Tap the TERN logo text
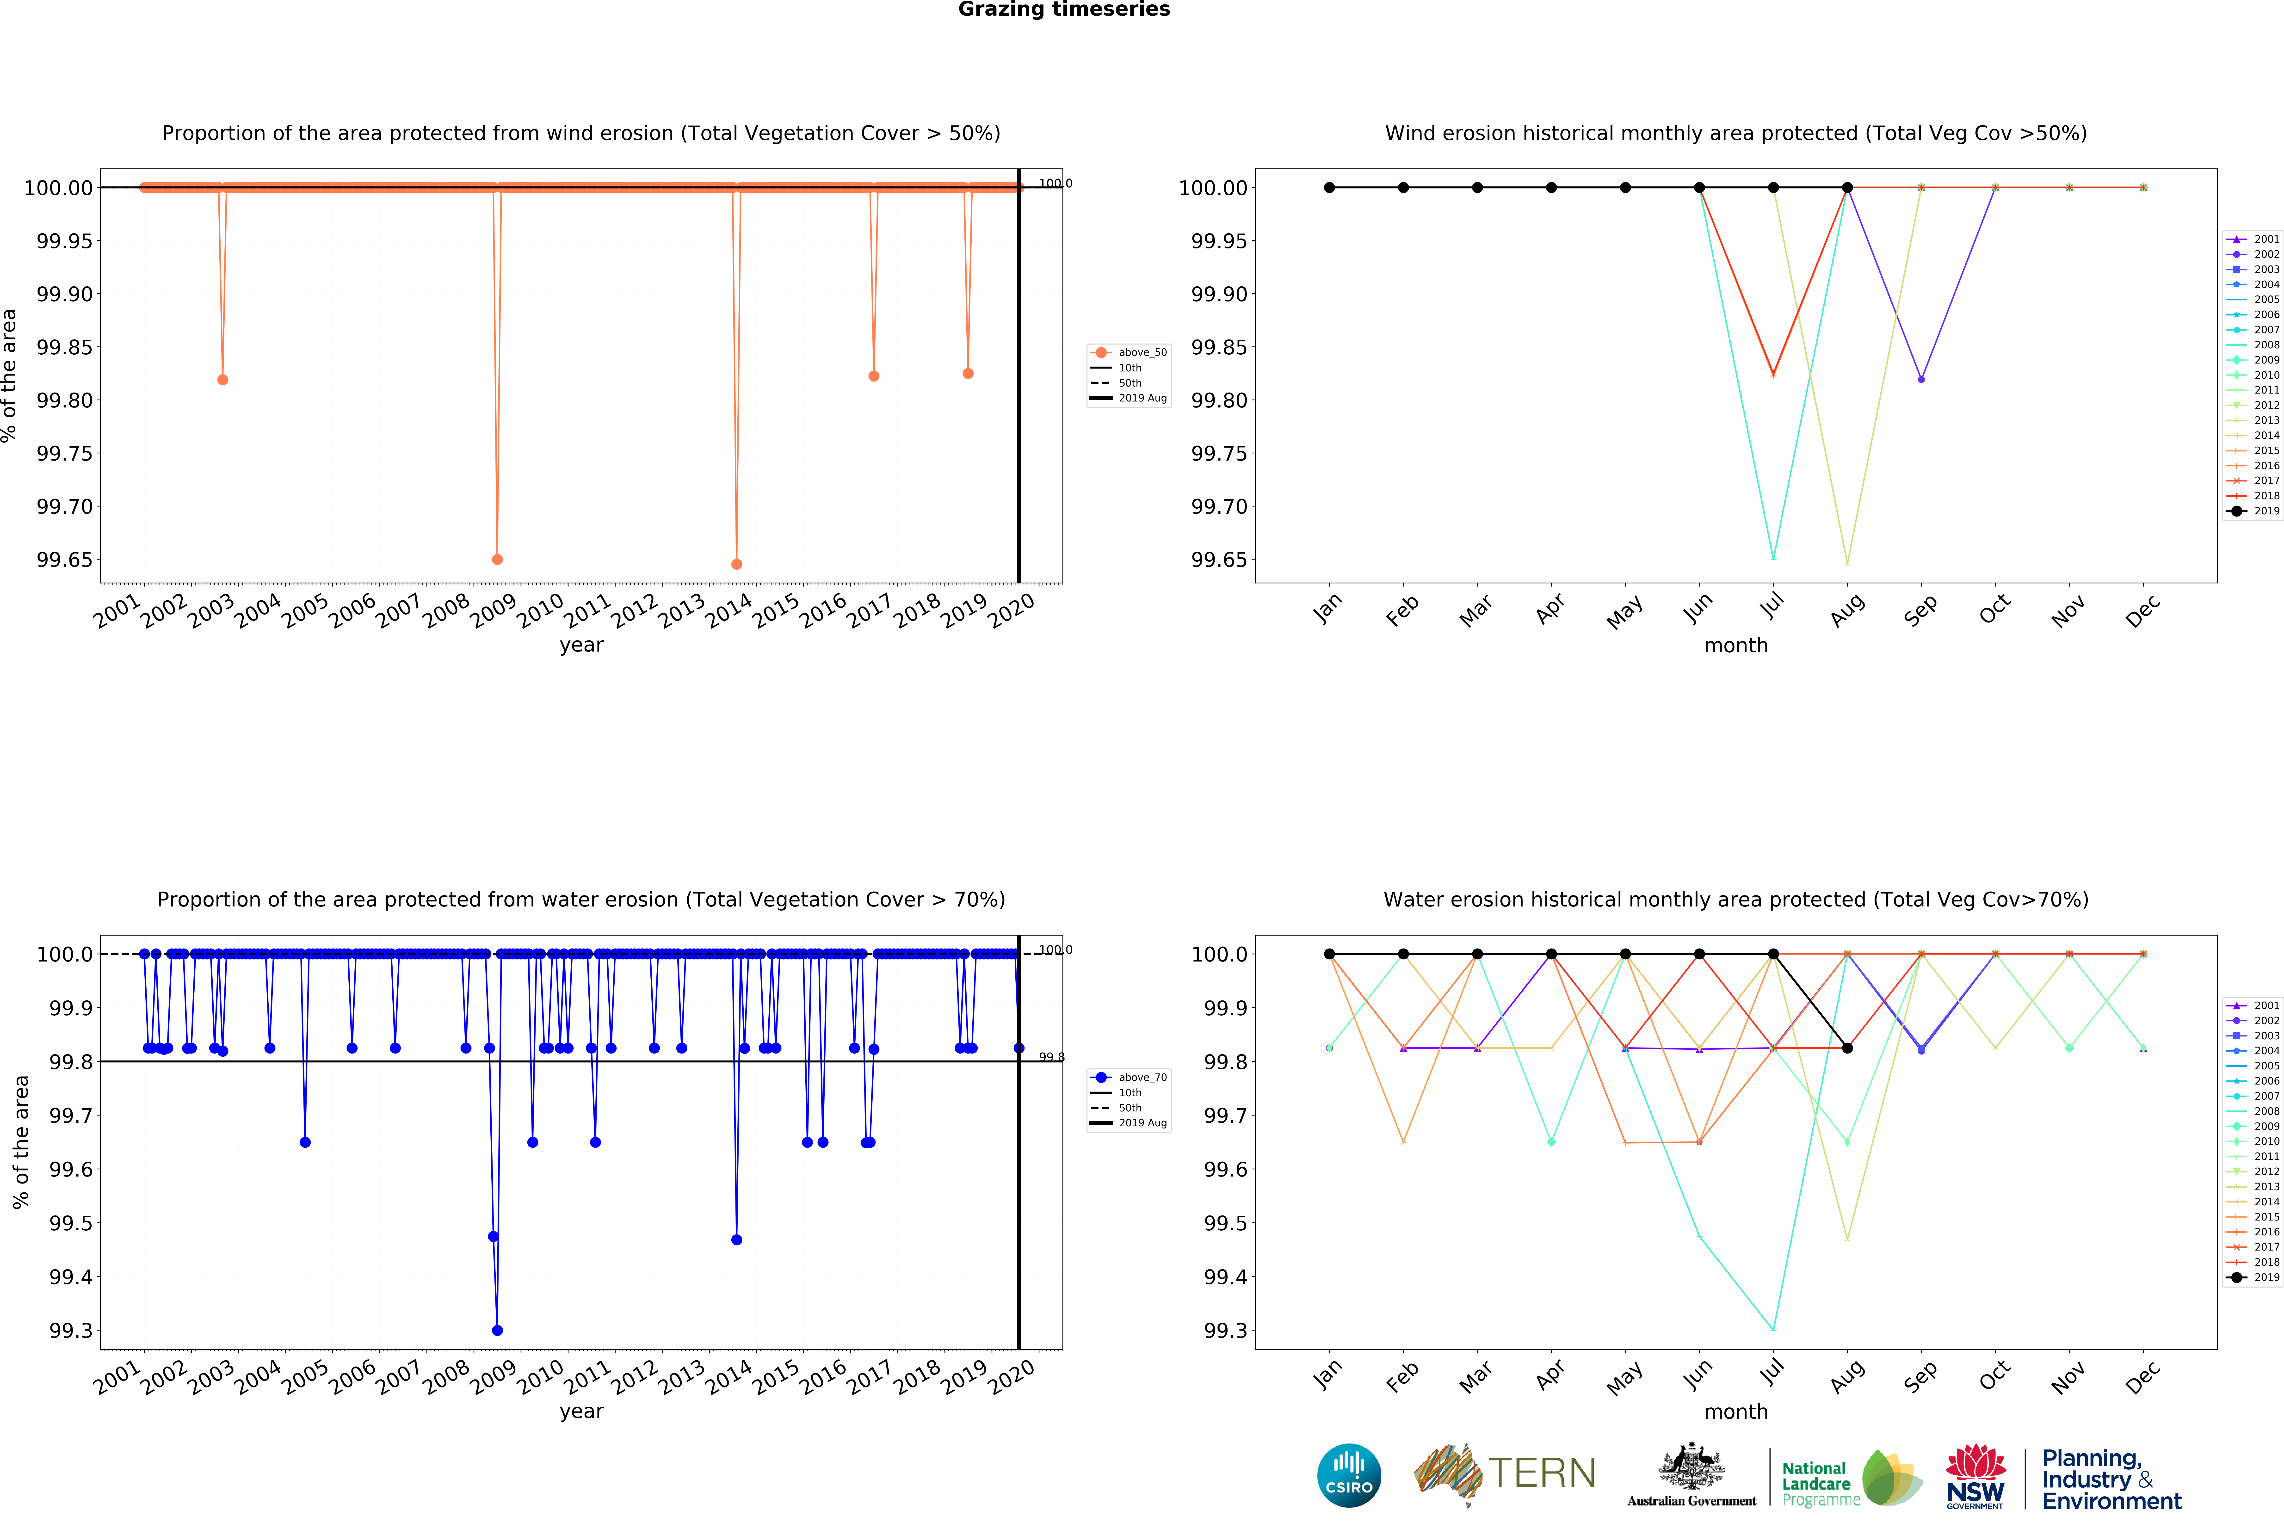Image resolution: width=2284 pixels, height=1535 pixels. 1542,1473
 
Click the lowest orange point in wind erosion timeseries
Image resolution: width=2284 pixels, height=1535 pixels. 736,564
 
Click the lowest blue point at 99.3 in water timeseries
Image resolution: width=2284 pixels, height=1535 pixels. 497,1330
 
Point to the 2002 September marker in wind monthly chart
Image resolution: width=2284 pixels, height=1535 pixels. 1921,379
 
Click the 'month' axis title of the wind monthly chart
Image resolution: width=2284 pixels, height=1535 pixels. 1736,645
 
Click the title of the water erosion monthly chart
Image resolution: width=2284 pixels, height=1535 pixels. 1736,900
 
